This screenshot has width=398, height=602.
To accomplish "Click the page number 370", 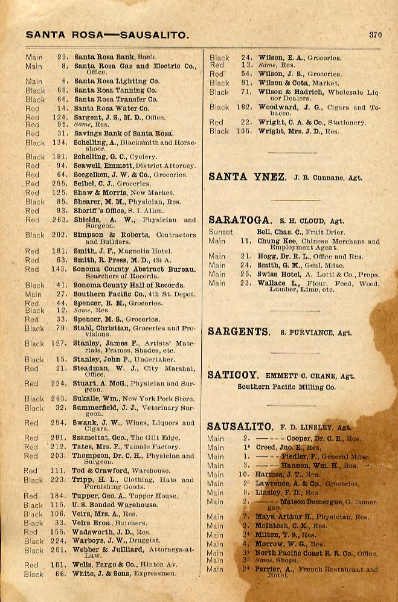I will (375, 35).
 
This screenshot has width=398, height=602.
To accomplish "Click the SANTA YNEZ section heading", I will (248, 177).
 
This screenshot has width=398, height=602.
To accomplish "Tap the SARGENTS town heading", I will (239, 331).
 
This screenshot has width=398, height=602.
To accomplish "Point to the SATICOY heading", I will (233, 375).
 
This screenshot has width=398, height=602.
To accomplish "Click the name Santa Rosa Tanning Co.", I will (115, 90).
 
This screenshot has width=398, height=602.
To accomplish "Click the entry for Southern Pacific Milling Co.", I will (286, 387).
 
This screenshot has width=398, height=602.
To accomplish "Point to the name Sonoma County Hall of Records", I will (129, 285).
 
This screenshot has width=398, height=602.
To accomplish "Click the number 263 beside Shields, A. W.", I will (59, 220).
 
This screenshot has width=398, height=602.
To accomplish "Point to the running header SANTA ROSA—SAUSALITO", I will (108, 35).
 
